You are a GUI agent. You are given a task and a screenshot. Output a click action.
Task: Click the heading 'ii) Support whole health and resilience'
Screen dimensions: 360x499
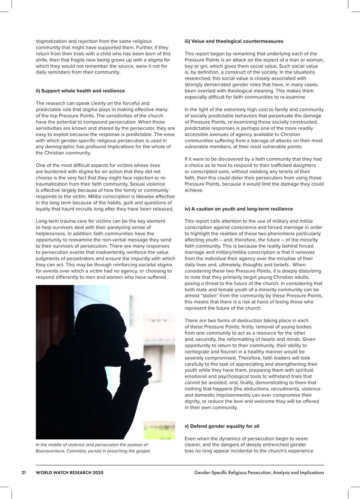click(x=80, y=91)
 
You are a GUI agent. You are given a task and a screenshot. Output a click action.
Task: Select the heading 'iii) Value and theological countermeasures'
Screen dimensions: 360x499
click(x=233, y=41)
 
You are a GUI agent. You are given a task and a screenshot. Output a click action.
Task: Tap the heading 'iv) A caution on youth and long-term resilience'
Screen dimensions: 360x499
click(x=238, y=209)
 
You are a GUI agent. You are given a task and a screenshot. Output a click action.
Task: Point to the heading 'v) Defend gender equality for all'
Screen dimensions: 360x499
click(x=222, y=426)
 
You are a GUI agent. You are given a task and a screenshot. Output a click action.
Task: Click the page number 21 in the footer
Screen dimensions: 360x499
click(x=23, y=472)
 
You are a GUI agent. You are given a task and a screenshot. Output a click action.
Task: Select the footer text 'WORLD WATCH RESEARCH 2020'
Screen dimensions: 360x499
click(x=69, y=472)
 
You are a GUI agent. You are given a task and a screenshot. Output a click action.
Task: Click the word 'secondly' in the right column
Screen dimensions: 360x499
click(x=208, y=339)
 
